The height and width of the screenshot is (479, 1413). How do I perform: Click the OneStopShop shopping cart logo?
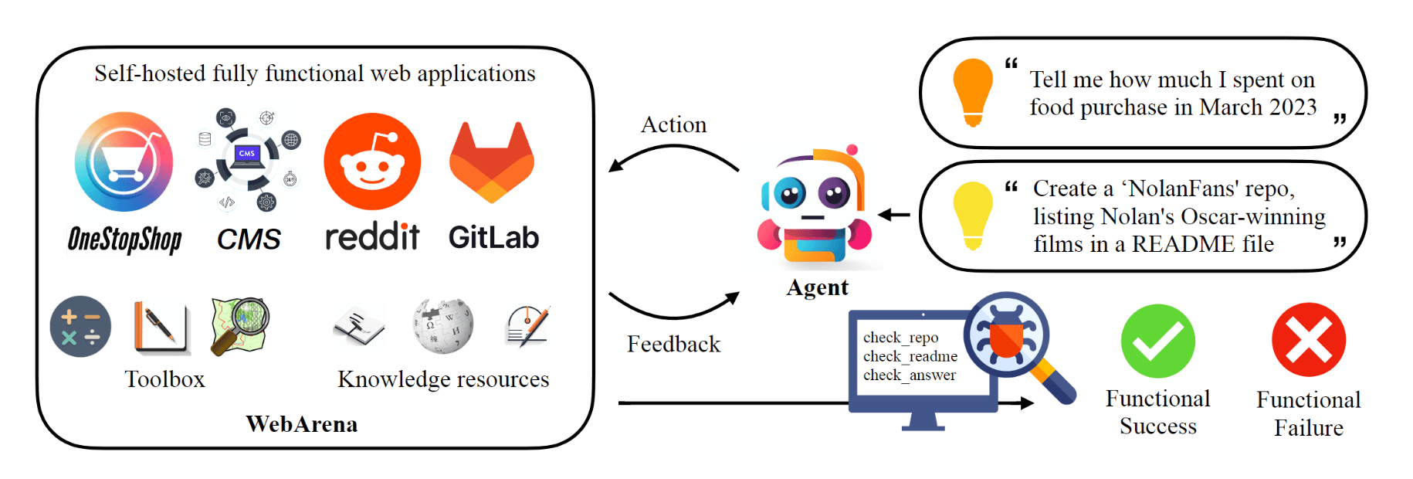124,162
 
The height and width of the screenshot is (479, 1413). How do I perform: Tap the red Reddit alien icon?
372,161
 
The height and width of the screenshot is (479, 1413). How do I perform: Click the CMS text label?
249,239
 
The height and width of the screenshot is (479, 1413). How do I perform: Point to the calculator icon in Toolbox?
80,327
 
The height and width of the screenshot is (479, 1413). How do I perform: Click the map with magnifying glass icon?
240,325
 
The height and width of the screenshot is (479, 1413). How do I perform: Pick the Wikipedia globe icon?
442,325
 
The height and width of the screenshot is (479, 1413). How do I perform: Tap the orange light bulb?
973,91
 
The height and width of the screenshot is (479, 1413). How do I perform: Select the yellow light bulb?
973,215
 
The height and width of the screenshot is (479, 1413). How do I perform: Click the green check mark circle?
1157,341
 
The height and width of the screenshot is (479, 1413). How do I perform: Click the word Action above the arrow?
673,125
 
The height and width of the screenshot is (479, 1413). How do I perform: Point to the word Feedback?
673,345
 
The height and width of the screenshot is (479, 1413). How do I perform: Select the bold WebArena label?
302,424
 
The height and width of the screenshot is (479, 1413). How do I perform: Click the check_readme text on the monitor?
910,356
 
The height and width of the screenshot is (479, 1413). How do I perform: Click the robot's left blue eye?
790,193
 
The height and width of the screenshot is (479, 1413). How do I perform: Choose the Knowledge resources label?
443,379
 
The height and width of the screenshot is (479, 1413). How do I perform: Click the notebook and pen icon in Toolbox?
162,327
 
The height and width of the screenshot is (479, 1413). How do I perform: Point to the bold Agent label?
817,287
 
